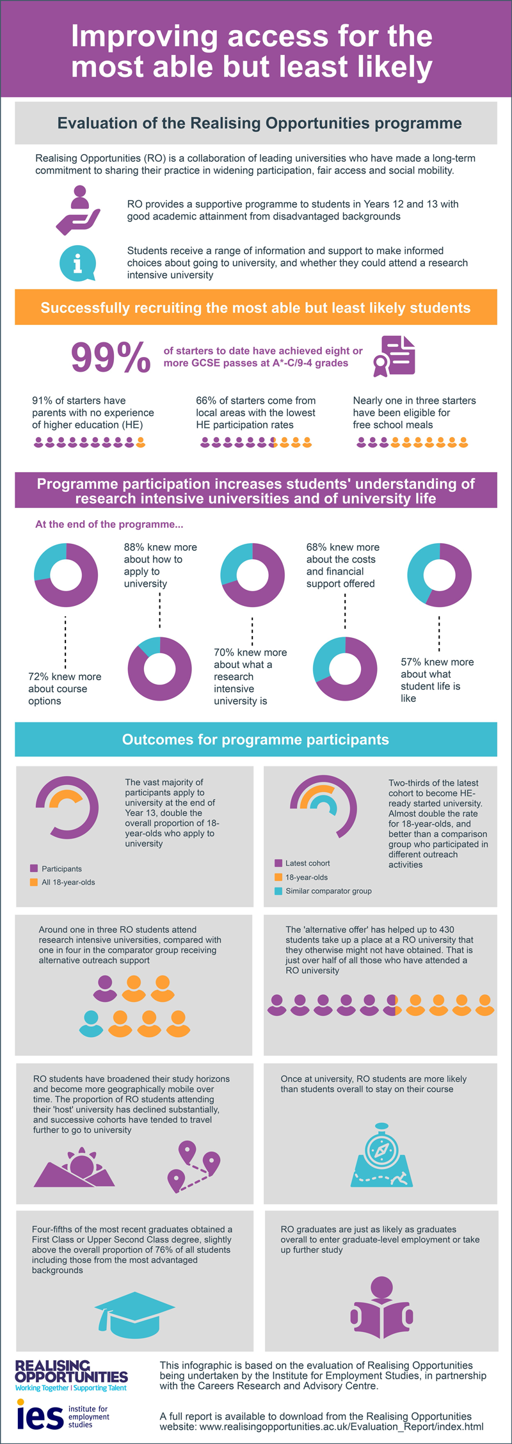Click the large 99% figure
click(x=110, y=357)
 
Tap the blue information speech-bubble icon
click(x=77, y=263)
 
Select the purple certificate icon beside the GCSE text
click(x=396, y=356)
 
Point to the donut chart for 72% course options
click(x=66, y=575)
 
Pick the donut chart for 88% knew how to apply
click(x=159, y=669)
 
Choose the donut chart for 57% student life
click(x=439, y=575)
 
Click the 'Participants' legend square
click(x=34, y=868)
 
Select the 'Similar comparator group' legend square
click(x=278, y=891)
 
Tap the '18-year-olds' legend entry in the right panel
click(x=306, y=877)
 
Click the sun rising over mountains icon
click(x=76, y=1167)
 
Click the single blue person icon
click(x=91, y=1023)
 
